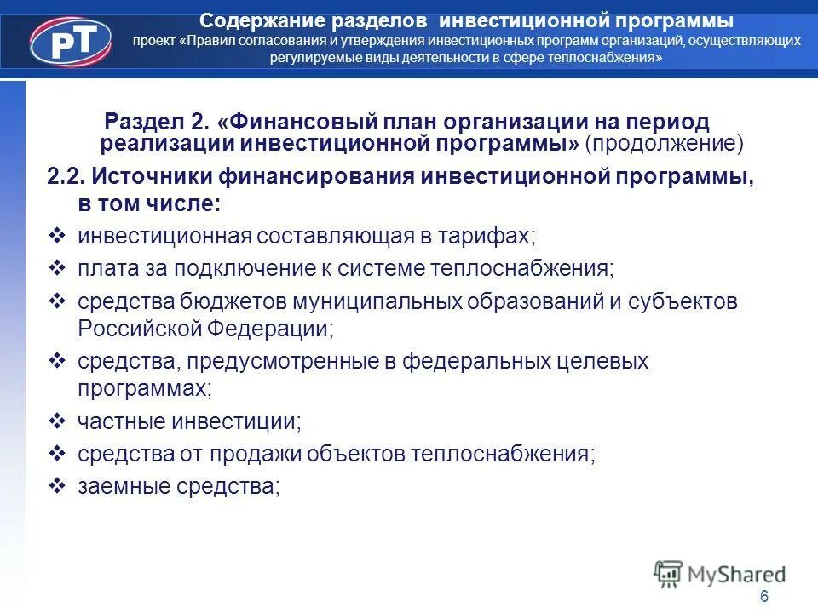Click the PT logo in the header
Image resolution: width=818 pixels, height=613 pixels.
71,41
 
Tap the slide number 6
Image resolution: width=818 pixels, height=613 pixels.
764,596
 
